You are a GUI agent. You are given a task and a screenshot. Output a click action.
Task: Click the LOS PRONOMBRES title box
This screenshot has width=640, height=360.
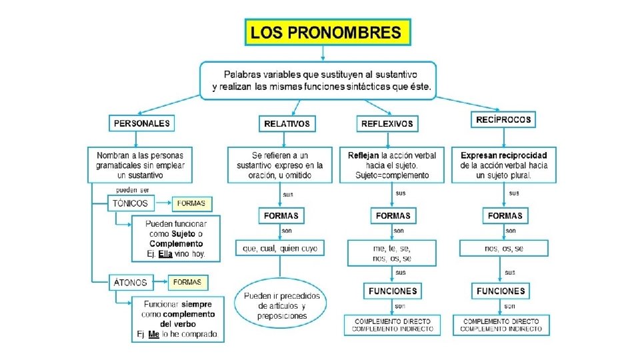click(x=328, y=31)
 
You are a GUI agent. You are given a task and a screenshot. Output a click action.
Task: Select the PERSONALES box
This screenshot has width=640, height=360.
click(x=141, y=123)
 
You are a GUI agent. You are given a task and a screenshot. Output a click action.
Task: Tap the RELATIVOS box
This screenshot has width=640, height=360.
click(x=287, y=123)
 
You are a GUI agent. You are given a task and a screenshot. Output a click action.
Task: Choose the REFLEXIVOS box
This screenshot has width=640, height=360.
click(x=387, y=123)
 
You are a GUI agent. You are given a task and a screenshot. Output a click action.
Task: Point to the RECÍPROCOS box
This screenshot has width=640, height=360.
click(x=504, y=119)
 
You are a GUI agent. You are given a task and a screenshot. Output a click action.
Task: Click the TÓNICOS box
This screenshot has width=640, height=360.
click(x=131, y=203)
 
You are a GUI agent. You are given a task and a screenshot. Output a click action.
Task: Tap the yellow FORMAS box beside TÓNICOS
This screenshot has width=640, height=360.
click(x=192, y=203)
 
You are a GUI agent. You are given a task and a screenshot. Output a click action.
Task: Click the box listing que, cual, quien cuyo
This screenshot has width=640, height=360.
click(x=280, y=248)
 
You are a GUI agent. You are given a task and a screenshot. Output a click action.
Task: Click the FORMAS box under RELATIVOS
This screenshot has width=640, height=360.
click(x=281, y=216)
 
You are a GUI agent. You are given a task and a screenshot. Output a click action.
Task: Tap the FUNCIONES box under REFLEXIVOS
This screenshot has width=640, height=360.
click(x=392, y=291)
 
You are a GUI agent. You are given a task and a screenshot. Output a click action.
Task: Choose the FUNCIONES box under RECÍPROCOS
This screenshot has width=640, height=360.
click(x=501, y=291)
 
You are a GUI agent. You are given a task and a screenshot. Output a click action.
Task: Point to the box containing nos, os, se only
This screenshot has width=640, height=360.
click(x=504, y=248)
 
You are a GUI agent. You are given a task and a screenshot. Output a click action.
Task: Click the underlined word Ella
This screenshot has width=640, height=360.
click(x=165, y=254)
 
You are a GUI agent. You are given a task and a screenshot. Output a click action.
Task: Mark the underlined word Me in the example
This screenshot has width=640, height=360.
click(x=153, y=334)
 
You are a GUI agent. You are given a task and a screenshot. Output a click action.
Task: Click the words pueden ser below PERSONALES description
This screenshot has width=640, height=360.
click(x=127, y=190)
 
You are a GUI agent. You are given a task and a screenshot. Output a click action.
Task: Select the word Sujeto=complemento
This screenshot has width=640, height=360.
click(x=392, y=175)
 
